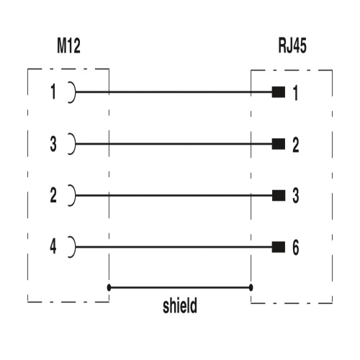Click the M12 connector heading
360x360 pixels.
[x=68, y=45]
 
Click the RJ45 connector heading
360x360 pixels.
[x=292, y=45]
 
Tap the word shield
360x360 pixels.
[x=180, y=305]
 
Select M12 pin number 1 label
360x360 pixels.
[x=53, y=91]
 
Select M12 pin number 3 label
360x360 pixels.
[x=53, y=144]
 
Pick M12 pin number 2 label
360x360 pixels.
[x=53, y=195]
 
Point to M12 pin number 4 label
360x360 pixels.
[x=53, y=246]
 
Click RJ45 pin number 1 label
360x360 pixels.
[x=296, y=93]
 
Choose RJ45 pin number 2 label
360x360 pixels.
[x=296, y=145]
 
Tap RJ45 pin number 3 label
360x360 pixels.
[x=296, y=196]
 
